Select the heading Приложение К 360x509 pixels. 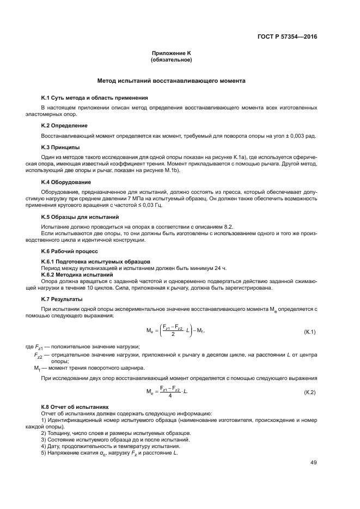click(x=172, y=53)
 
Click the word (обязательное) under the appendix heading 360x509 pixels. click(x=172, y=59)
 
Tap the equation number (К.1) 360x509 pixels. click(x=309, y=332)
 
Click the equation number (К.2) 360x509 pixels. click(x=309, y=392)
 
